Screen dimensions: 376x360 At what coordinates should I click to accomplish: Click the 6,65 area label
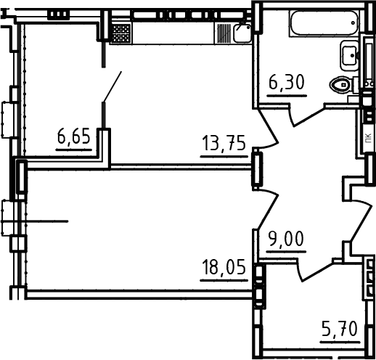click(x=74, y=136)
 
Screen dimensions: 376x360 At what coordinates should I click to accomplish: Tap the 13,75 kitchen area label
click(x=224, y=143)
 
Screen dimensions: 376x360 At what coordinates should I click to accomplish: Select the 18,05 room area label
click(x=224, y=267)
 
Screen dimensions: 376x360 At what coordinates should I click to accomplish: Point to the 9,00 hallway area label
click(x=286, y=239)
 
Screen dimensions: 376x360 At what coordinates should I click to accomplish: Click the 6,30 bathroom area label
click(x=287, y=82)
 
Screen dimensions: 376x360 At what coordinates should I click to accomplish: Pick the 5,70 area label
click(x=340, y=329)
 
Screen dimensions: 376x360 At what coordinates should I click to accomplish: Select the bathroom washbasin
click(x=349, y=56)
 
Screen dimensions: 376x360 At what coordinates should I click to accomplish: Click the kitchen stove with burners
click(x=121, y=33)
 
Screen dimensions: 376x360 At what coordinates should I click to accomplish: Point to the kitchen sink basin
click(x=242, y=33)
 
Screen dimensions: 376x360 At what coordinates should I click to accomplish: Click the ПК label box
click(x=369, y=139)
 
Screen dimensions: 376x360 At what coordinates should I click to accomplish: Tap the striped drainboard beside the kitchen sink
click(x=224, y=33)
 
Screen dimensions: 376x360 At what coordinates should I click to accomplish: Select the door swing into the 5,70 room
click(x=316, y=271)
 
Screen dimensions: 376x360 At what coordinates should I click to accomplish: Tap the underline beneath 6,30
click(x=287, y=96)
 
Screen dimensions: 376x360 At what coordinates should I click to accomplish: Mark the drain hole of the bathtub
click(x=353, y=23)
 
